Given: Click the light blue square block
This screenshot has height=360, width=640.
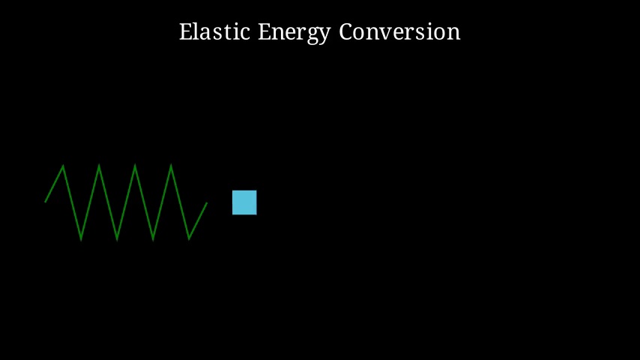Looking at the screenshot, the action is [244, 202].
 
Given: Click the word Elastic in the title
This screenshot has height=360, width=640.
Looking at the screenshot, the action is [214, 31].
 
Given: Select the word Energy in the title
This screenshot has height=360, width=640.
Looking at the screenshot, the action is [294, 33].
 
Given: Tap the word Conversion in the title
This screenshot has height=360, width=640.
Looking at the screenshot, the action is [399, 31].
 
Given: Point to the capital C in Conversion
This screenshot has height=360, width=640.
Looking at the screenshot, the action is [346, 31].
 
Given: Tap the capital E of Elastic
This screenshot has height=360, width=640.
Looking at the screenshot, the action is [186, 31].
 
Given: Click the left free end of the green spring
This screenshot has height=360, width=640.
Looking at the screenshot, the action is [45, 202].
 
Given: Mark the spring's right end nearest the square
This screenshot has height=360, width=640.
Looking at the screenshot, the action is [207, 203].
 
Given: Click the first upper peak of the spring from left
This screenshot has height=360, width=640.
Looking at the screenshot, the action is [63, 166].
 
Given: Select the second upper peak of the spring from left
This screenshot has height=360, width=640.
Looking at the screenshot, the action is [99, 165].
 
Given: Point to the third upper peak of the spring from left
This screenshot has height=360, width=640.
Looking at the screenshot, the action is [135, 165].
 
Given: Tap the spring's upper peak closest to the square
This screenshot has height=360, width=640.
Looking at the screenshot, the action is [171, 165].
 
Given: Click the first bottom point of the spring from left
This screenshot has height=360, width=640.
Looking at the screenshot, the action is [81, 239].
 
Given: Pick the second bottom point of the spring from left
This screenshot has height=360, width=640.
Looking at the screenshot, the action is [117, 239].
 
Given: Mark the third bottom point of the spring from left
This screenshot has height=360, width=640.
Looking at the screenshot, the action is [153, 239].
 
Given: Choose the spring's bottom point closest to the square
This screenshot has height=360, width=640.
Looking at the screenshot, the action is [189, 239].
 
